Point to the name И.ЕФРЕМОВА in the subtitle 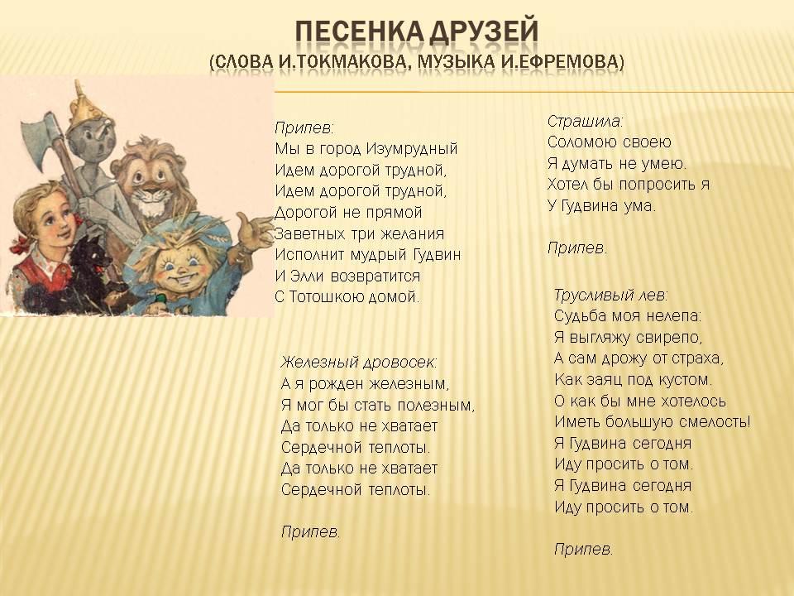pyautogui.click(x=560, y=61)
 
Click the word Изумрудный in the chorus pyautogui.click(x=412, y=149)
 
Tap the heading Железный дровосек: pyautogui.click(x=358, y=363)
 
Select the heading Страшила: pyautogui.click(x=586, y=122)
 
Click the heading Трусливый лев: pyautogui.click(x=610, y=295)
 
